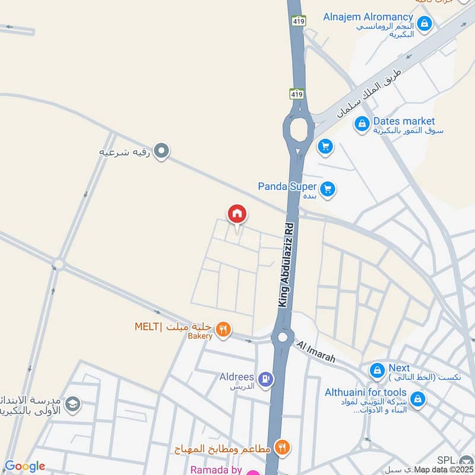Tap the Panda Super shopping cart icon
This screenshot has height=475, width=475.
tap(327, 190)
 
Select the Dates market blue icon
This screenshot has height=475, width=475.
tap(361, 125)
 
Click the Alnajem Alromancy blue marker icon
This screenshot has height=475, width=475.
tap(424, 24)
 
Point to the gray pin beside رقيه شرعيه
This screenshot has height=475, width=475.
tap(161, 151)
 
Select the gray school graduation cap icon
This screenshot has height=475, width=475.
tap(73, 404)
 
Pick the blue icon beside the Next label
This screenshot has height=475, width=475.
tap(376, 371)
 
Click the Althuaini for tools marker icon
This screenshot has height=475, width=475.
tap(418, 398)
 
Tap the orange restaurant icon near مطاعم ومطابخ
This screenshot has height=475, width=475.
tap(282, 448)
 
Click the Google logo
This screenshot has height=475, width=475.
tap(24, 466)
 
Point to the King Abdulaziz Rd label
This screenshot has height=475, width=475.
tap(287, 265)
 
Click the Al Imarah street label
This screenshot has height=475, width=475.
tap(316, 351)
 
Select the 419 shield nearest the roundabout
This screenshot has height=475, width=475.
tap(297, 94)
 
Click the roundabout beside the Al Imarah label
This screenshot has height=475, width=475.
tap(283, 337)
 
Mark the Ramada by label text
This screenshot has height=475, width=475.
tap(217, 470)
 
